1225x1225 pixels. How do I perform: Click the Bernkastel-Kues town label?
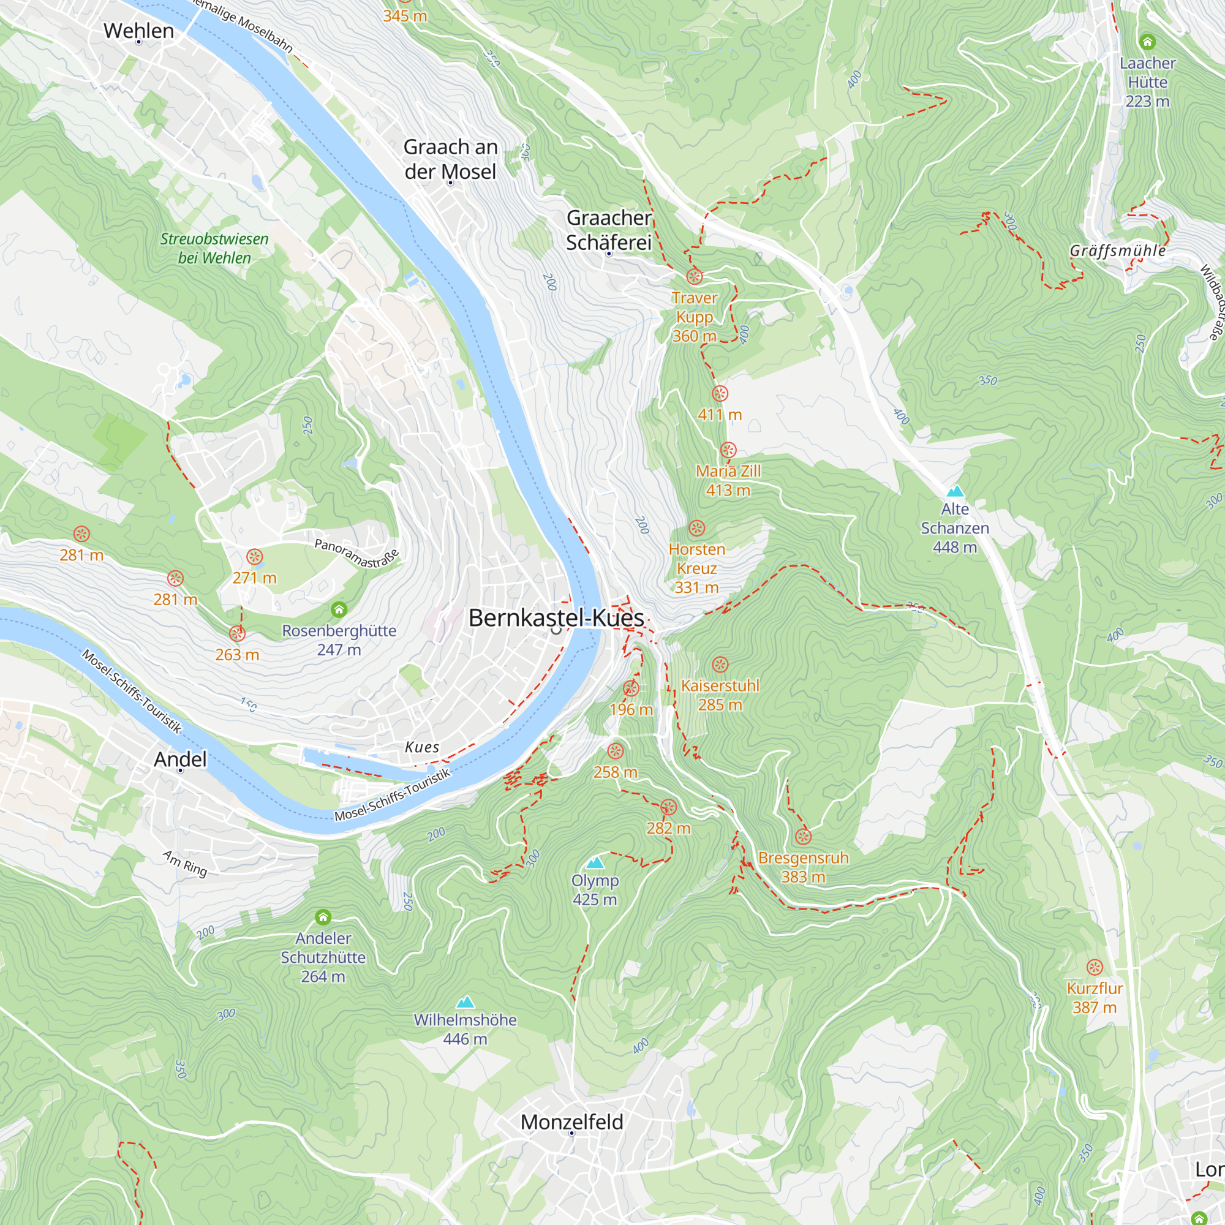point(556,617)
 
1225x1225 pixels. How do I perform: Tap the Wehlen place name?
point(138,31)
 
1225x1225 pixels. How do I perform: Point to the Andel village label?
point(180,759)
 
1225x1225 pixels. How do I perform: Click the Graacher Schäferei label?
point(609,230)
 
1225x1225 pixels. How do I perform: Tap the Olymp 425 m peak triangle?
point(595,863)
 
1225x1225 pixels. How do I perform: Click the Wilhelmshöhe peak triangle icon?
point(466,1002)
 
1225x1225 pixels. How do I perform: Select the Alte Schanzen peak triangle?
point(955,491)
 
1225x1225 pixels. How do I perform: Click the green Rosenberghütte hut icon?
point(339,609)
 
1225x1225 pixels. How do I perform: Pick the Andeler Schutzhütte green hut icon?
point(323,917)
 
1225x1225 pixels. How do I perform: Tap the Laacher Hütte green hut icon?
point(1147,42)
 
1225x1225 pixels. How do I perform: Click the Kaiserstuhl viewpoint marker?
point(720,665)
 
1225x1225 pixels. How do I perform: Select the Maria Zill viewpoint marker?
point(728,450)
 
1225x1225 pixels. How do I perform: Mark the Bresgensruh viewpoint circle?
point(803,836)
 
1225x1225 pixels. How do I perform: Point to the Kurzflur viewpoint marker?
point(1095,967)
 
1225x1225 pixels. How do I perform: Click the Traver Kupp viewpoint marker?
point(695,276)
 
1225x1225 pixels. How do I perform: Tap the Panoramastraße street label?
point(357,553)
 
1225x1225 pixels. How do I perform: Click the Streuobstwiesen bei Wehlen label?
point(214,248)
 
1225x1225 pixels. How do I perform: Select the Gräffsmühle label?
point(1117,251)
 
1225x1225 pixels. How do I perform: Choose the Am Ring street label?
point(184,864)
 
